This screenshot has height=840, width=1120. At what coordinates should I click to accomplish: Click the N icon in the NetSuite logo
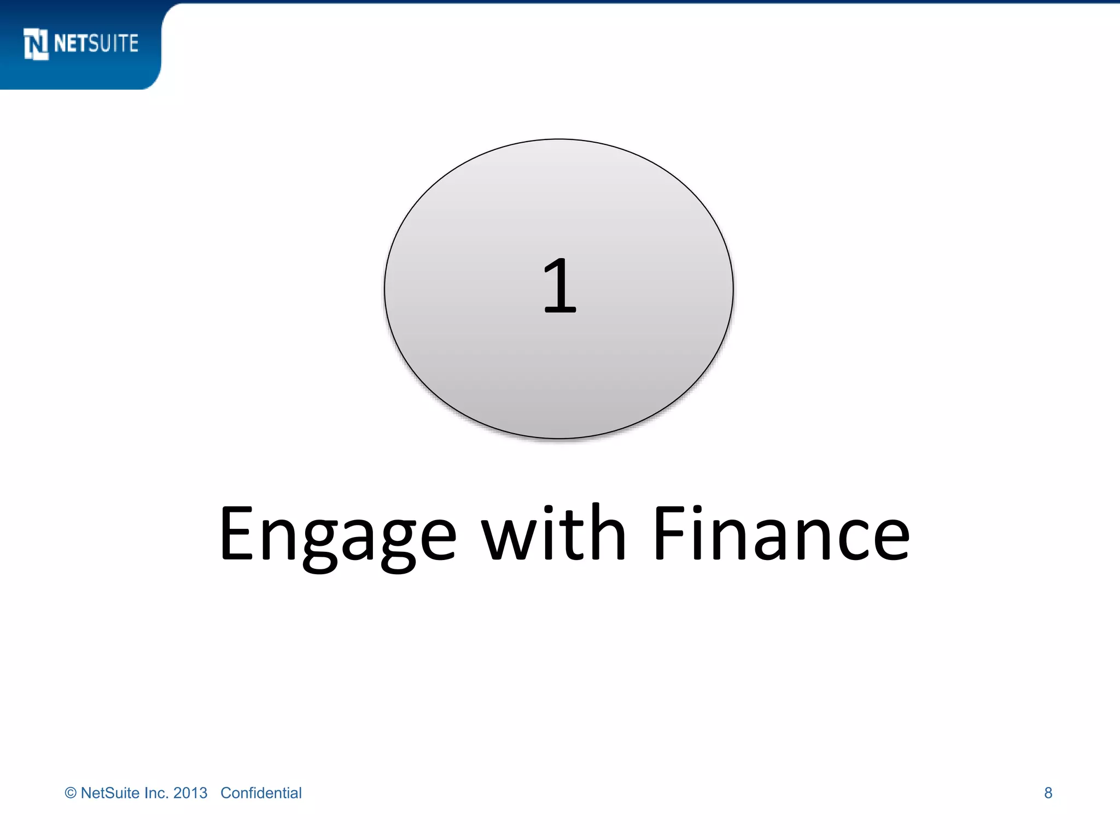[36, 44]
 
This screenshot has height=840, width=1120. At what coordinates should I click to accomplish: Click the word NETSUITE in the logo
[96, 44]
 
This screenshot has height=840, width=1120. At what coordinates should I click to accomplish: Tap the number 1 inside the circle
[559, 286]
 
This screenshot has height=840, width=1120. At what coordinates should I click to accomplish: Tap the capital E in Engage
[236, 533]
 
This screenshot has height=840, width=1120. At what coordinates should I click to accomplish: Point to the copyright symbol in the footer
[71, 793]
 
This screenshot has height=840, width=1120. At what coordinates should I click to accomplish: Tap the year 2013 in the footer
[190, 793]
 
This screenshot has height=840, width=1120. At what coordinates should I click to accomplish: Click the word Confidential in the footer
[261, 793]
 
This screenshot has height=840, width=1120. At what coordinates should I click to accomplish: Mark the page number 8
[1048, 793]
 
